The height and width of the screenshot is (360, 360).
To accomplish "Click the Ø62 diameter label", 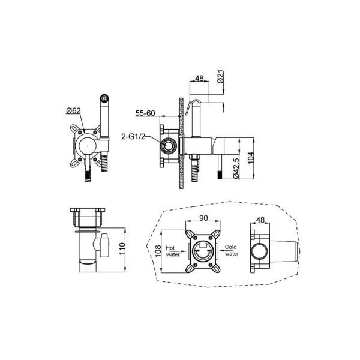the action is (73, 111).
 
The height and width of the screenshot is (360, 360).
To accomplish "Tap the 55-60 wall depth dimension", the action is (145, 113).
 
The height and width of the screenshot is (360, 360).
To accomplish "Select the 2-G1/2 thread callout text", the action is (133, 137).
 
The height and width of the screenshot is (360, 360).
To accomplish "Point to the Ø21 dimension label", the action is (221, 77).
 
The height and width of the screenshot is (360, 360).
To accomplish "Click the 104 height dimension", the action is (250, 157).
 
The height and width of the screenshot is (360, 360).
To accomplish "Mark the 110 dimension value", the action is (122, 248).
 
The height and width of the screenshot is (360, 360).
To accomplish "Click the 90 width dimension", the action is (203, 218).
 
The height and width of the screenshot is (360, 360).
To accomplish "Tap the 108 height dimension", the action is (158, 251).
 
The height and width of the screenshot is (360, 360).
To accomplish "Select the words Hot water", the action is (173, 251).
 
